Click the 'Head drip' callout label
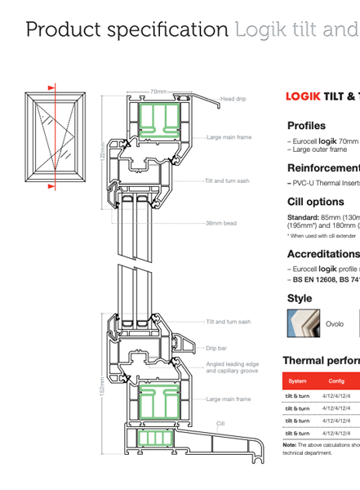click(233, 99)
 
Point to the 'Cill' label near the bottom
click(220, 424)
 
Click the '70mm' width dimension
click(158, 91)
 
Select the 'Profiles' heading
click(306, 126)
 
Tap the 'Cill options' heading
click(316, 202)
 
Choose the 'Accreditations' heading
click(323, 254)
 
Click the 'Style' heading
click(300, 298)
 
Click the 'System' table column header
click(297, 381)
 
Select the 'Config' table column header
click(336, 381)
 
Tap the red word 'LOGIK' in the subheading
click(302, 96)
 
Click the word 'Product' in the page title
click(58, 30)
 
